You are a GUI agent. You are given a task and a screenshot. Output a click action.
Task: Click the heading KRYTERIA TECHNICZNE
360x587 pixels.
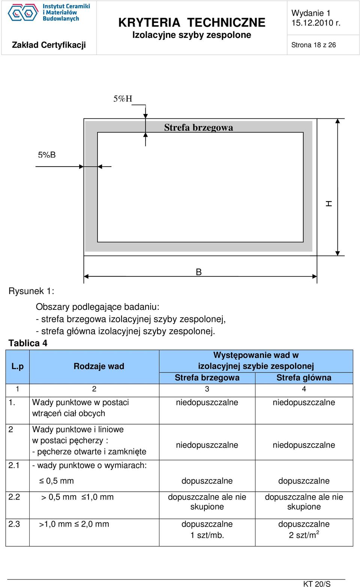pos(192,23)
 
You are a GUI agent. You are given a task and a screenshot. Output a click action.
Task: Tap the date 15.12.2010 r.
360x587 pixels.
pos(316,23)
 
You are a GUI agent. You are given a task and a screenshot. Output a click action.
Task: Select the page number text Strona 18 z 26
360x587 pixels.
pos(313,45)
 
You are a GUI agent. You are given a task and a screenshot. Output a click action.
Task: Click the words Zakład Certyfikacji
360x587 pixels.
pos(49,45)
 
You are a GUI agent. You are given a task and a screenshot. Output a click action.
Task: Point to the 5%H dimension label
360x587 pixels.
pos(123,99)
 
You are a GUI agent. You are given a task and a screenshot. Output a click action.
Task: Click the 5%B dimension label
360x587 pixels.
pos(47,155)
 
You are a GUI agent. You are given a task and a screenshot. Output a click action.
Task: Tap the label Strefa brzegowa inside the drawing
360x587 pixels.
pos(199,128)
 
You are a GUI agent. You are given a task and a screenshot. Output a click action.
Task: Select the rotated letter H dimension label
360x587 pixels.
pos(329,204)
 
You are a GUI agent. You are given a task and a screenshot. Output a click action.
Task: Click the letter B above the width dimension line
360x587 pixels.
pos(199,272)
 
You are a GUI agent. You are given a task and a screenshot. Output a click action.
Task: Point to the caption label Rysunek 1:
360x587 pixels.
pos(31,291)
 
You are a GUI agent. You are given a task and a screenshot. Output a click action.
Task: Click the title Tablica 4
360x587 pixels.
pos(28,343)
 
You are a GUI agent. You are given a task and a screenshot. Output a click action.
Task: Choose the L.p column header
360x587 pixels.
pos(18,366)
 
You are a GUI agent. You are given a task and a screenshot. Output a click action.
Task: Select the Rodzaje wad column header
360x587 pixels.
pos(99,366)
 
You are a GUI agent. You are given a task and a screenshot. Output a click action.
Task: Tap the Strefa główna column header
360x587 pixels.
pos(304,378)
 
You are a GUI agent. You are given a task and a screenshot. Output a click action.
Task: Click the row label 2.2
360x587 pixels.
pos(14,497)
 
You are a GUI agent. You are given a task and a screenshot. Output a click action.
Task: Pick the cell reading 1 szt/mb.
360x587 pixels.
pos(207,535)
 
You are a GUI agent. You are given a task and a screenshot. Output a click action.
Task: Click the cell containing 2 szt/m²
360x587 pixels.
pos(304,534)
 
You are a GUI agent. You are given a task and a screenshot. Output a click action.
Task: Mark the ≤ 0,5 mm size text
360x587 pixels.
pos(57,481)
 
